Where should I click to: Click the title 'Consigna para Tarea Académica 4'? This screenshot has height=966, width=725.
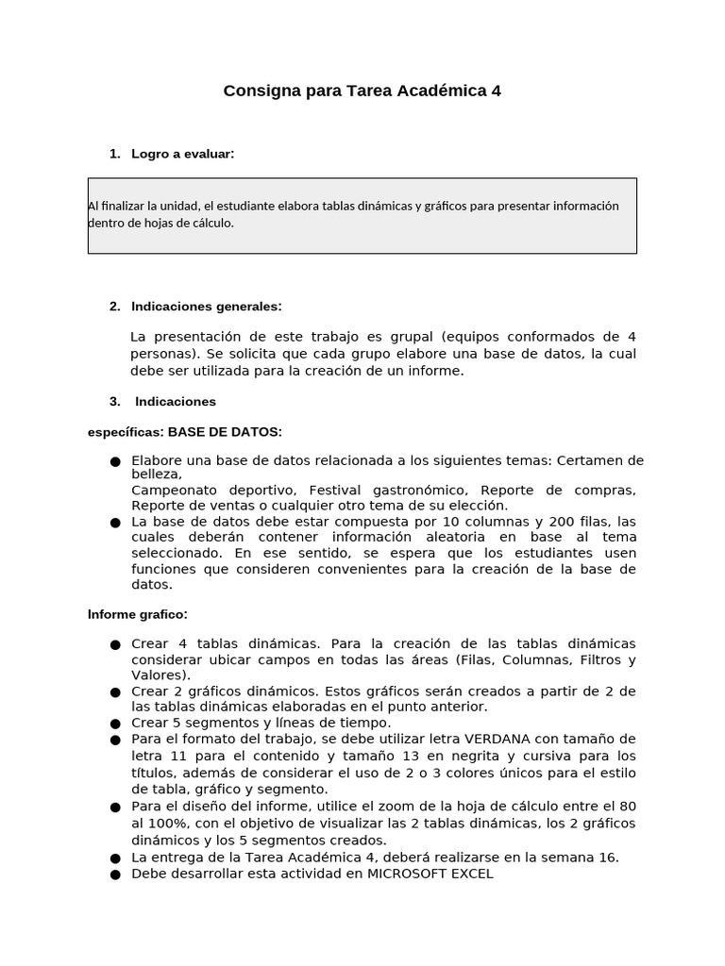362,92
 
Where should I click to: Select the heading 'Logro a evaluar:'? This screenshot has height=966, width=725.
183,154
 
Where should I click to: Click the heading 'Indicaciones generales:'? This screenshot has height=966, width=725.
207,307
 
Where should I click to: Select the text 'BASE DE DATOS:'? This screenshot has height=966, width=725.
225,432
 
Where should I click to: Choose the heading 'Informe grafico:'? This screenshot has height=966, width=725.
138,614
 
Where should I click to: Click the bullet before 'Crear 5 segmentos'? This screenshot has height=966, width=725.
115,724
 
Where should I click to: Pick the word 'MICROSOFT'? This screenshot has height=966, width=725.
409,874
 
